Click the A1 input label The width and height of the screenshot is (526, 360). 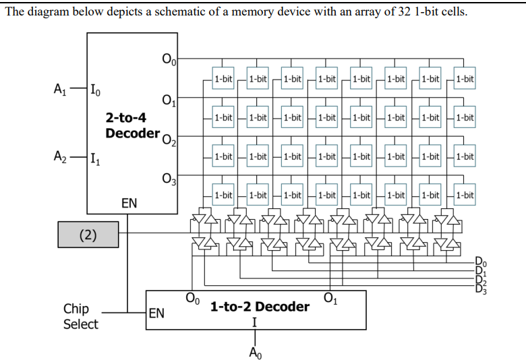pos(60,88)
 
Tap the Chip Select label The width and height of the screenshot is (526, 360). pos(80,316)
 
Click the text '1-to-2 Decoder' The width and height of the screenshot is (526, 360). pos(260,307)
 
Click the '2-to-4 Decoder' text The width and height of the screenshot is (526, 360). pos(132,125)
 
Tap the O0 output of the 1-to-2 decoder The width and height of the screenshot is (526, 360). pos(192,297)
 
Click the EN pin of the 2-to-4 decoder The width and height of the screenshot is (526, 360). pos(130,202)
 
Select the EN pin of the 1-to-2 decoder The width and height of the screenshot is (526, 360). pos(156,313)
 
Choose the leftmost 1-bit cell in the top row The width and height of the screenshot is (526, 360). pos(223,79)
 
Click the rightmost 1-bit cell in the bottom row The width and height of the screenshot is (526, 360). pos(465,196)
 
